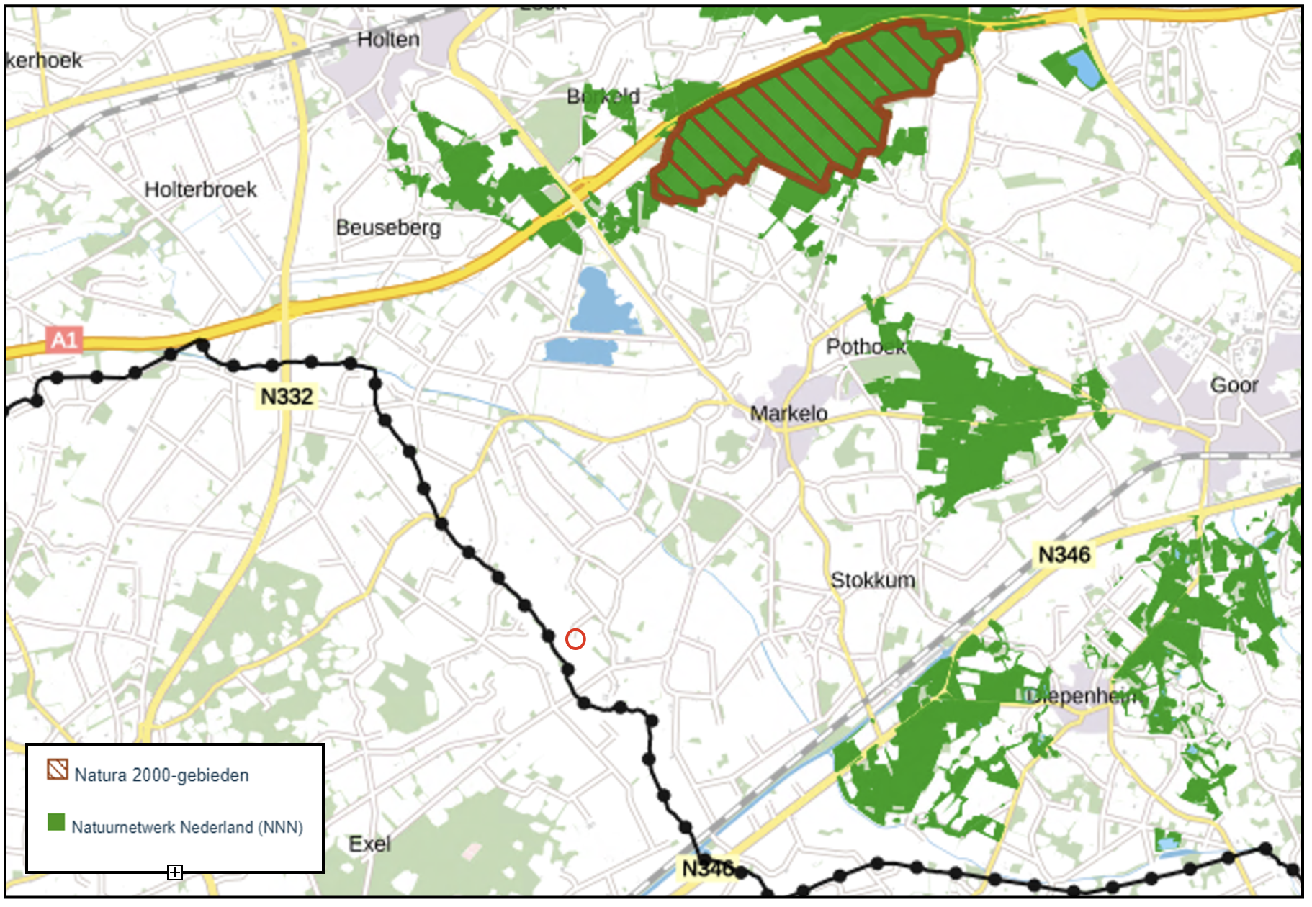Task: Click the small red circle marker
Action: point(575,638)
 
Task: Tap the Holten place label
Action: point(388,40)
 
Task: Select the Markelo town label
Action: point(788,413)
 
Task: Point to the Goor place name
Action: point(1234,385)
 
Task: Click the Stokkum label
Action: point(873,579)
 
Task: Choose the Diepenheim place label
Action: point(1082,696)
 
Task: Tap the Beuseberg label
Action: point(388,227)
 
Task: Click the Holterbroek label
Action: point(200,189)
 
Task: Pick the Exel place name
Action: point(369,844)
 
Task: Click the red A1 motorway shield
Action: point(64,339)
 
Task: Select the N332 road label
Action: point(287,396)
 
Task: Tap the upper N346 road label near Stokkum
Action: point(1064,554)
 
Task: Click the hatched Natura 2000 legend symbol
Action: point(58,770)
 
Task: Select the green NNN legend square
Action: point(56,822)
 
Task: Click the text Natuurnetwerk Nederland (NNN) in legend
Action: point(187,827)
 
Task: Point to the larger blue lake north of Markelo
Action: point(599,302)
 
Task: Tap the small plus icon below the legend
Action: point(175,872)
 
